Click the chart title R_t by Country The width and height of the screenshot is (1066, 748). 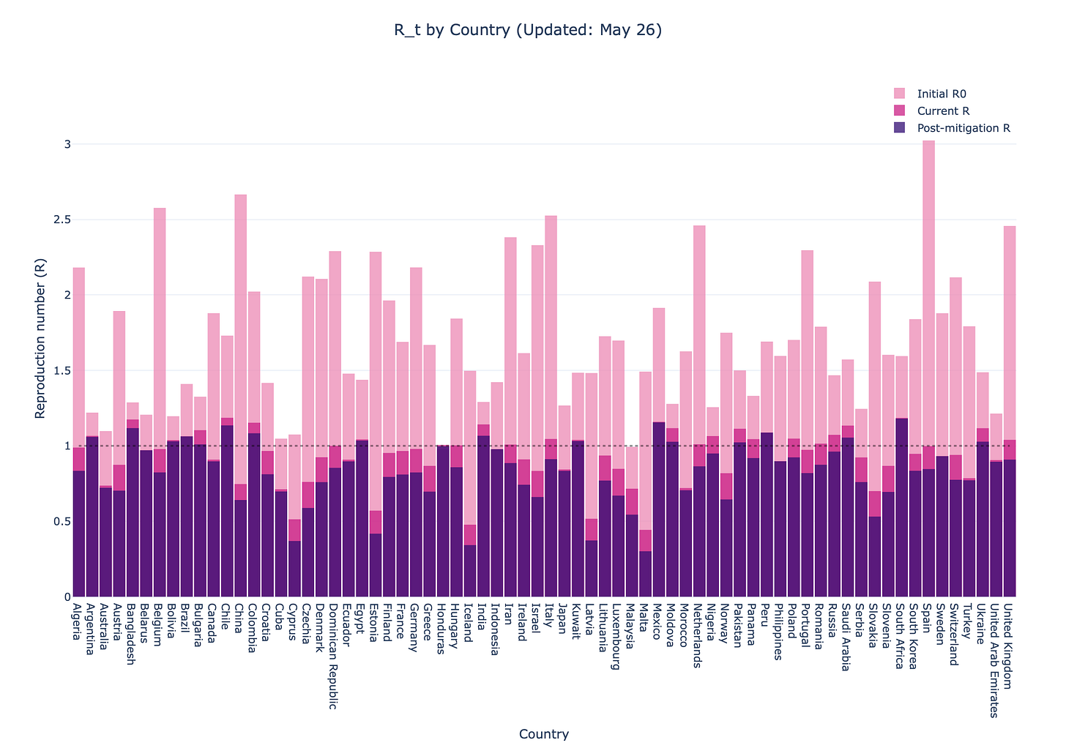click(x=527, y=30)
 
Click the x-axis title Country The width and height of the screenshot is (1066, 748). click(x=543, y=734)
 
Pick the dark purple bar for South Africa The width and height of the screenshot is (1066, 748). click(x=901, y=512)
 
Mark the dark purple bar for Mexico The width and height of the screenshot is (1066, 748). click(x=659, y=512)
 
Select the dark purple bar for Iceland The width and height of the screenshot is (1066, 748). click(x=470, y=571)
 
